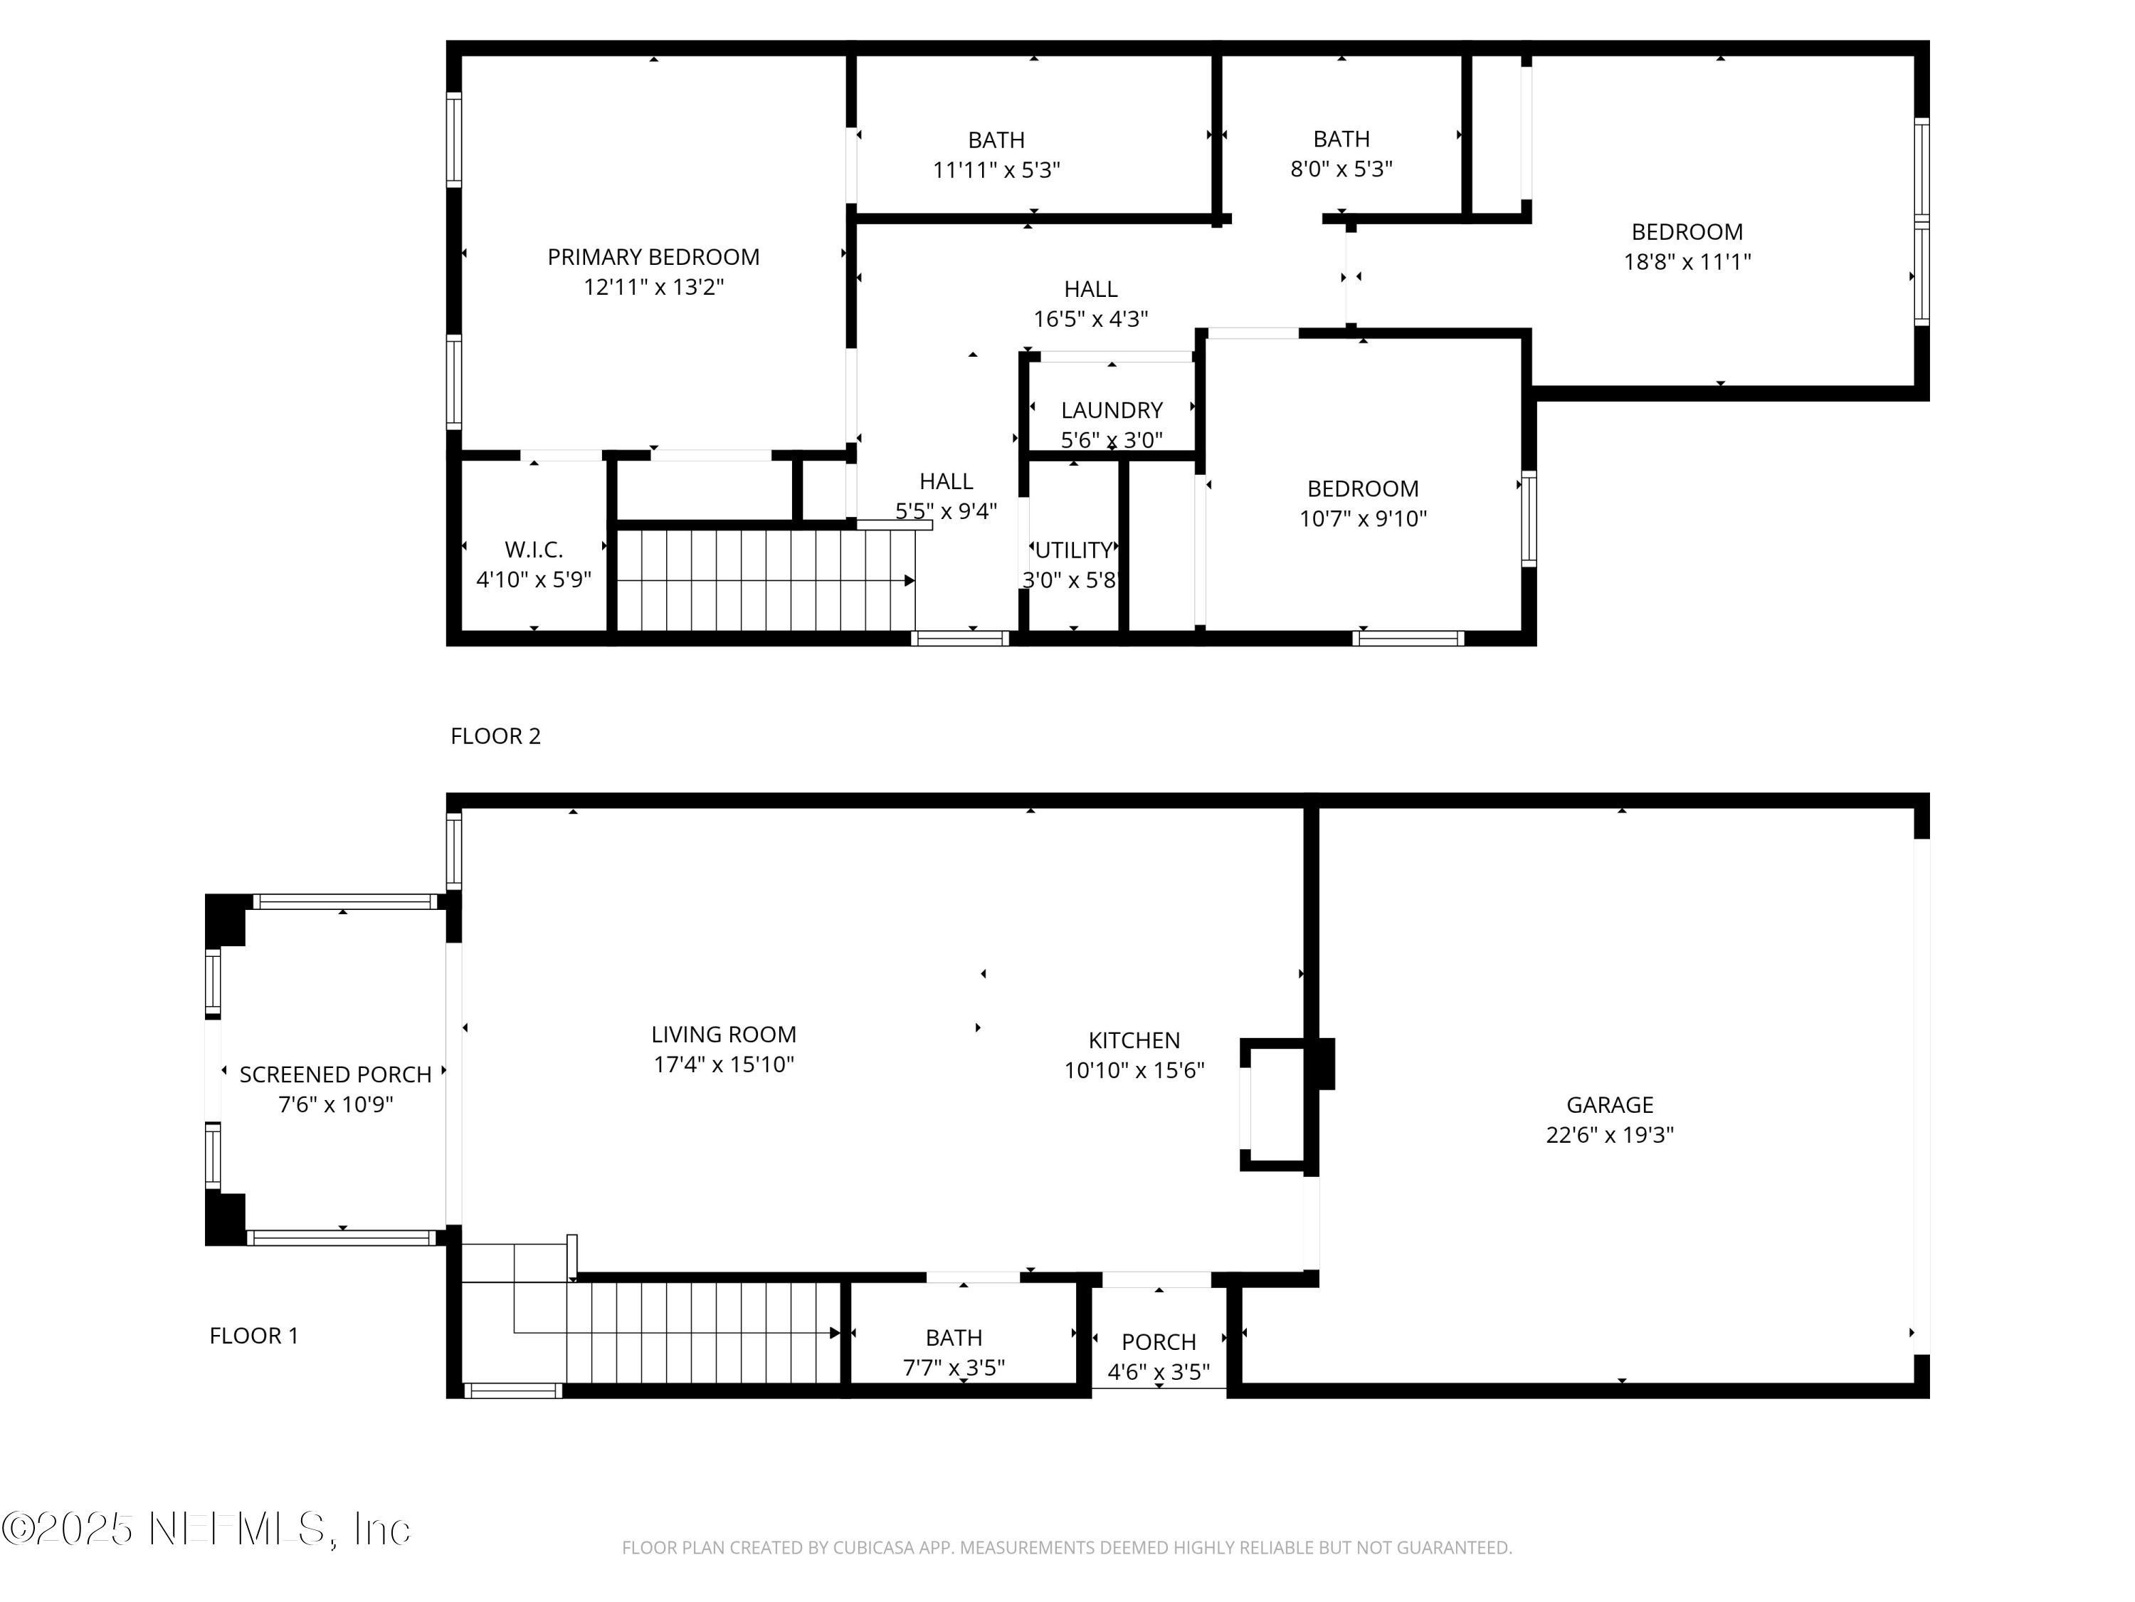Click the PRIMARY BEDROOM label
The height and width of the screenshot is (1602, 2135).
pyautogui.click(x=653, y=257)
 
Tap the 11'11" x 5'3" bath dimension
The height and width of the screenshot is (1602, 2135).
pyautogui.click(x=996, y=170)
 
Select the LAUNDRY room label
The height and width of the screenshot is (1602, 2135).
pyautogui.click(x=1111, y=409)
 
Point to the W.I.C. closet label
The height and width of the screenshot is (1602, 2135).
pyautogui.click(x=534, y=550)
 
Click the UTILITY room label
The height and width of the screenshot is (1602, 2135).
pyautogui.click(x=1072, y=550)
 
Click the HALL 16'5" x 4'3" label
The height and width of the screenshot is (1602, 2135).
pyautogui.click(x=1091, y=289)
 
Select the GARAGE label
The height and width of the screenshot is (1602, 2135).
pyautogui.click(x=1609, y=1105)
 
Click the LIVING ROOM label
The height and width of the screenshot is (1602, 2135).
pyautogui.click(x=723, y=1035)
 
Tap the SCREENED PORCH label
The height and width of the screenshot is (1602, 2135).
pyautogui.click(x=335, y=1074)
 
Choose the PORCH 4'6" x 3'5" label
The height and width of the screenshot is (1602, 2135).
pyautogui.click(x=1158, y=1342)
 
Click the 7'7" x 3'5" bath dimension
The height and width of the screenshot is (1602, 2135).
pyautogui.click(x=953, y=1367)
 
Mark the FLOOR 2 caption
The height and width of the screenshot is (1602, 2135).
pyautogui.click(x=495, y=735)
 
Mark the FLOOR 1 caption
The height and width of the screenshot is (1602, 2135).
pyautogui.click(x=254, y=1336)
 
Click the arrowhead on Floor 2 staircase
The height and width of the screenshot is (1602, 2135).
pyautogui.click(x=908, y=580)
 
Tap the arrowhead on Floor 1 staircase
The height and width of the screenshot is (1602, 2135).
pyautogui.click(x=834, y=1334)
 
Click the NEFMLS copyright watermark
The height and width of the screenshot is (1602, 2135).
pyautogui.click(x=206, y=1528)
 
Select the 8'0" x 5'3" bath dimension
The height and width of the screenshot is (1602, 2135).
pyautogui.click(x=1341, y=169)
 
